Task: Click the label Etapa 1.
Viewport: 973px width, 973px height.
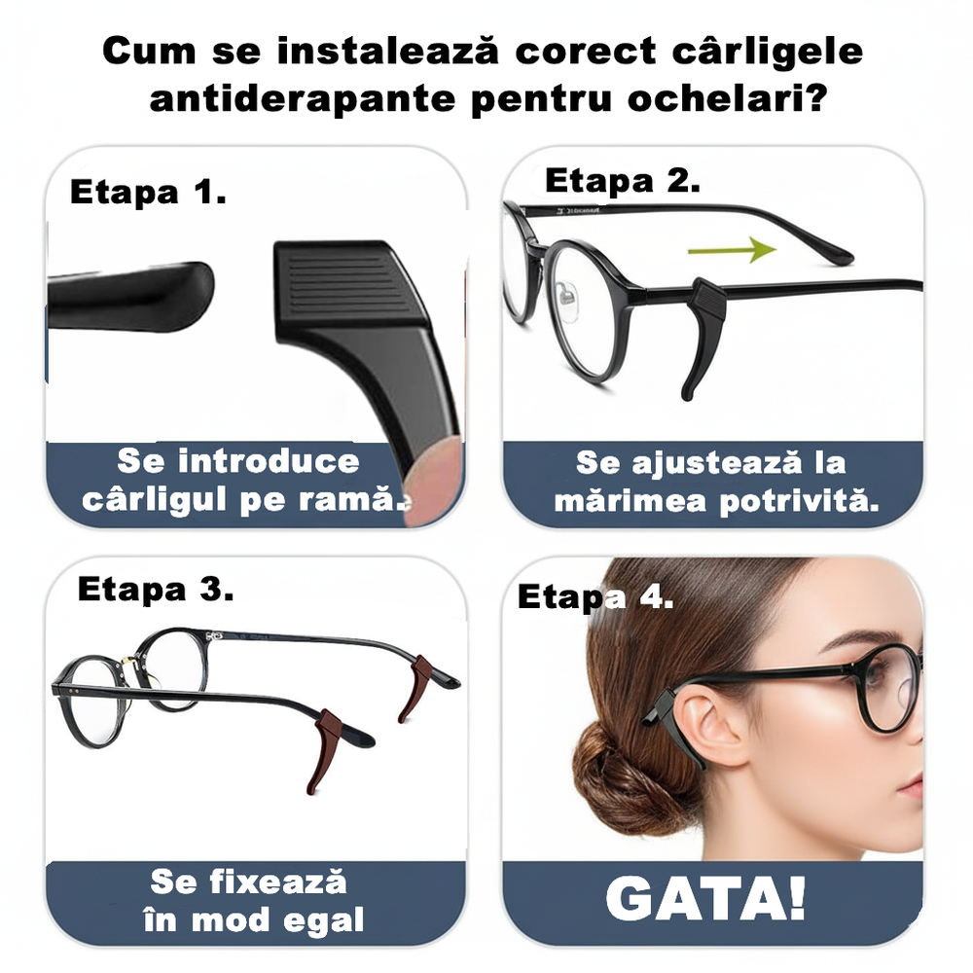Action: tap(148, 193)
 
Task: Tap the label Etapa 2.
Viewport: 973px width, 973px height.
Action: tap(622, 181)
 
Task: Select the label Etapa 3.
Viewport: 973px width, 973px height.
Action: tap(156, 589)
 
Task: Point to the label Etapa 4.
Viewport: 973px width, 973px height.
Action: tap(595, 596)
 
